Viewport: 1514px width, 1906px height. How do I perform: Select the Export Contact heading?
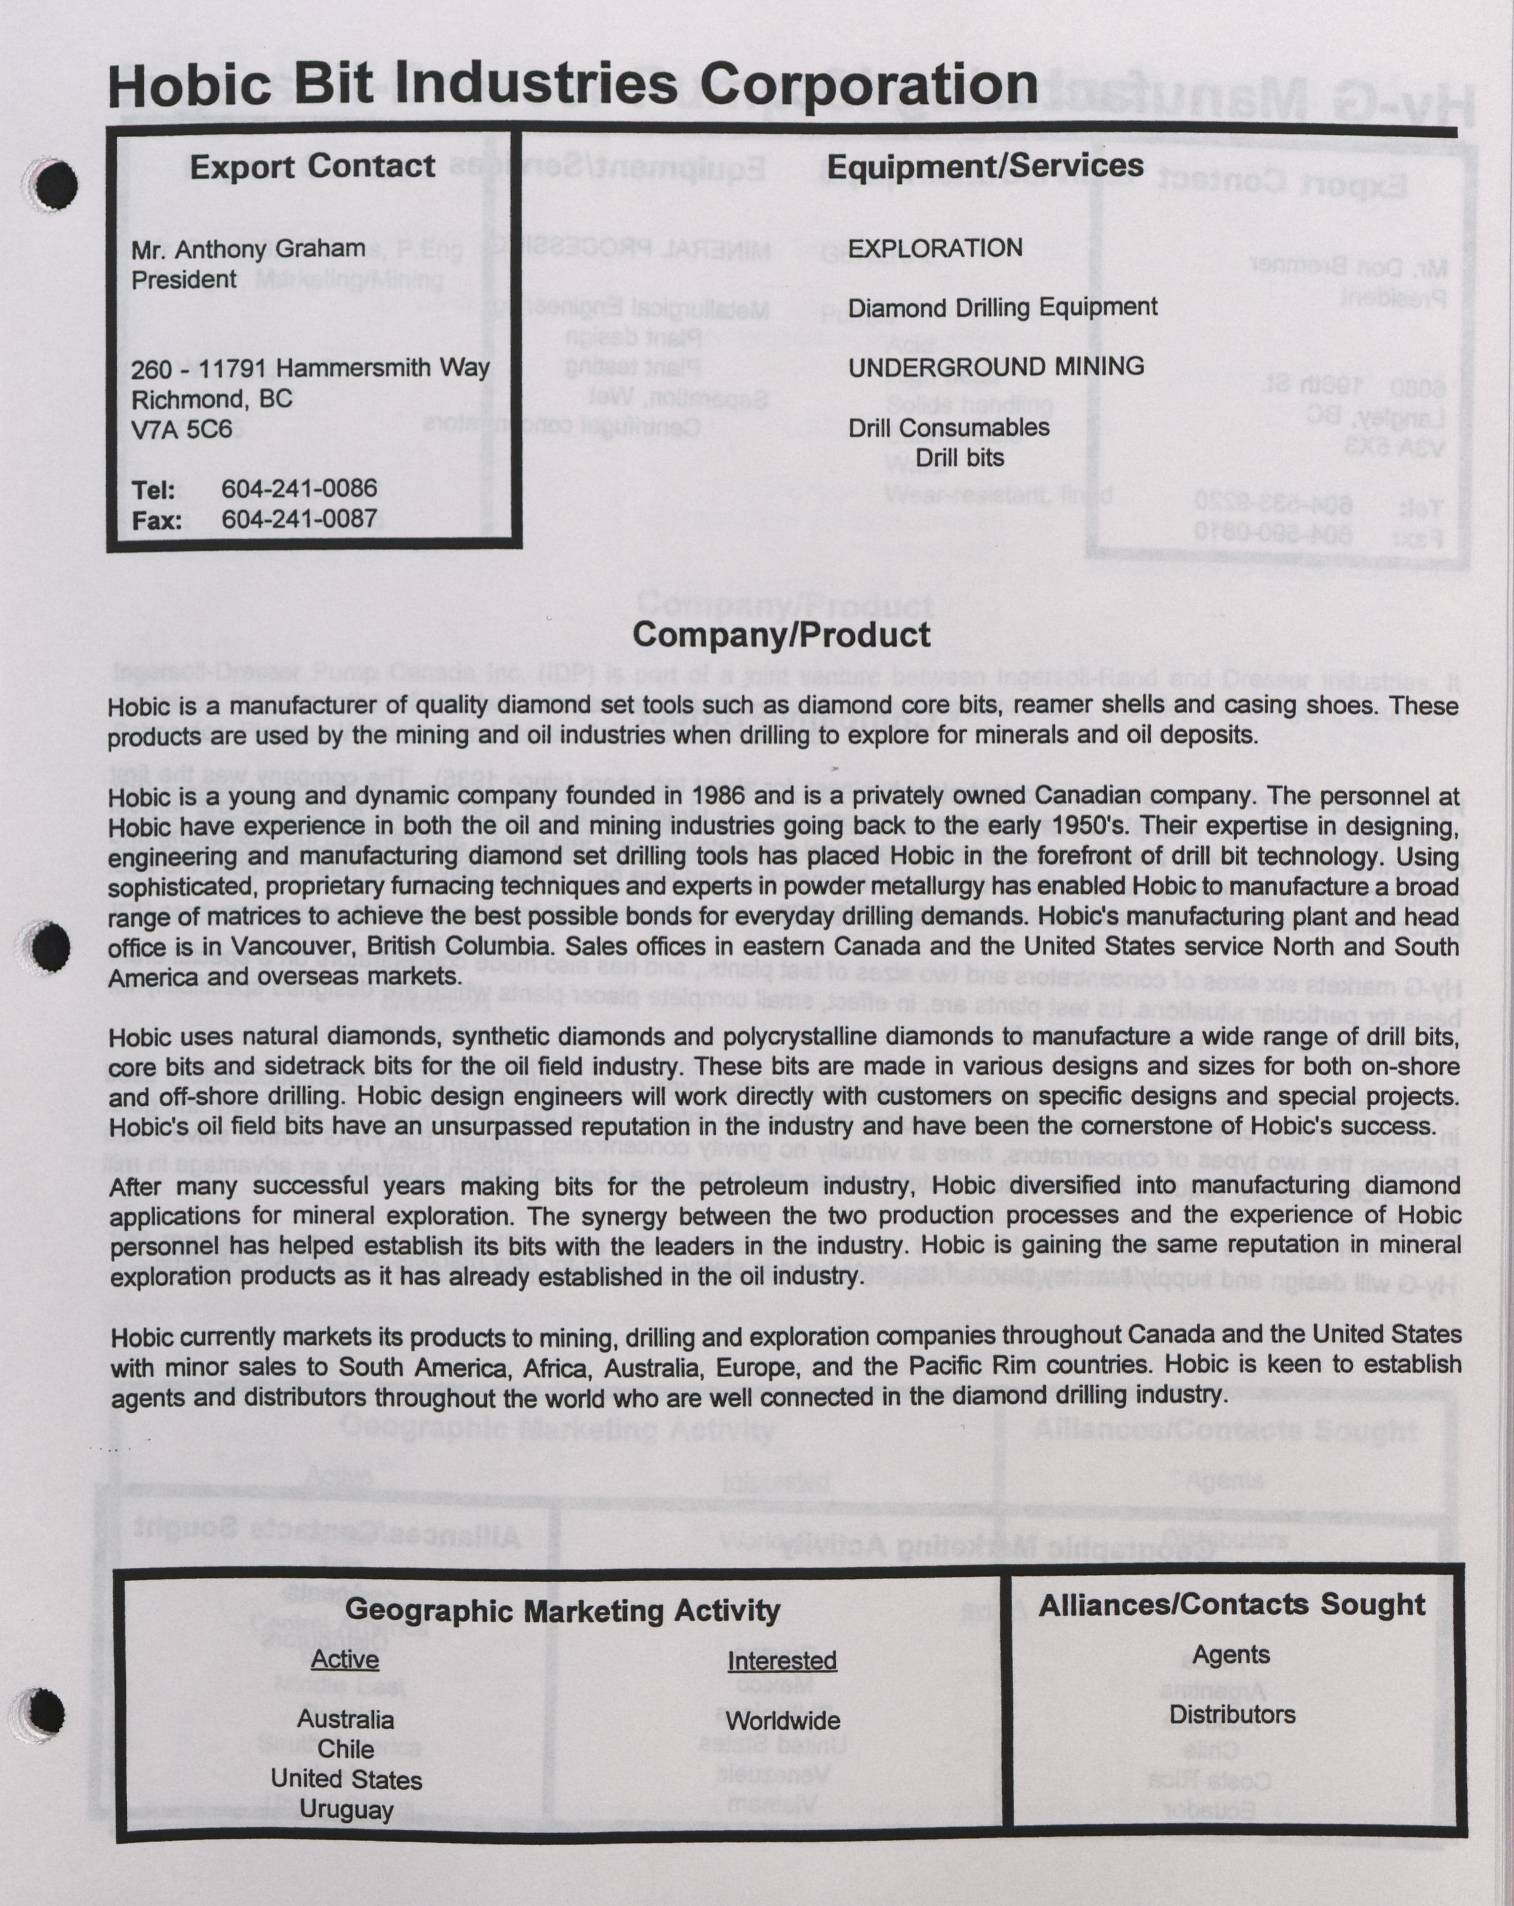pos(312,166)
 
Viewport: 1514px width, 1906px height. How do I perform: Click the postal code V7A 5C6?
pos(182,430)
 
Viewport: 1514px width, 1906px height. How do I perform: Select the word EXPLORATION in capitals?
pos(935,248)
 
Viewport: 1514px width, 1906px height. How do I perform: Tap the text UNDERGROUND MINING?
pos(996,367)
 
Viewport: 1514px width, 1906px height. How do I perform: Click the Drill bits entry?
pos(960,458)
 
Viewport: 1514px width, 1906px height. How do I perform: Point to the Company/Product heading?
pos(781,635)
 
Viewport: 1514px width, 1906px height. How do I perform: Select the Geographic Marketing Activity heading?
pos(563,1610)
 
